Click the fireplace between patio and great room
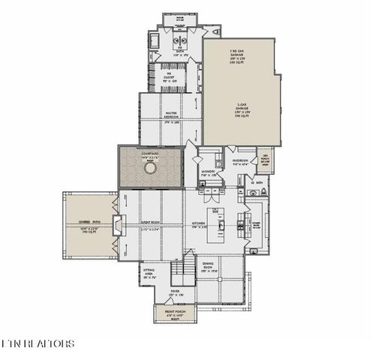(x=117, y=224)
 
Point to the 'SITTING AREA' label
(x=150, y=274)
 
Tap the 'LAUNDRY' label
(x=208, y=172)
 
